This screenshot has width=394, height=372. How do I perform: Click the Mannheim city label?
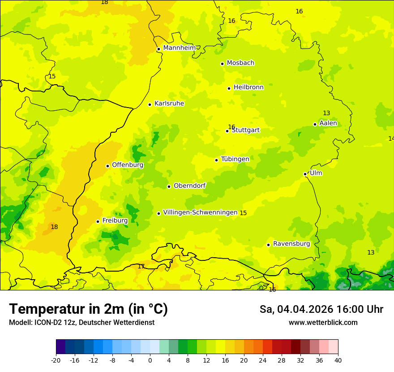pos(179,48)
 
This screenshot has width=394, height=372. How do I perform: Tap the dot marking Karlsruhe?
pos(150,104)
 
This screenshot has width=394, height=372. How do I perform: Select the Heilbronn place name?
pos(248,87)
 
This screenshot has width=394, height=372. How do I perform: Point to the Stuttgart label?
pos(245,130)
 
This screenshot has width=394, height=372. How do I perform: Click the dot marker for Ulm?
pos(305,174)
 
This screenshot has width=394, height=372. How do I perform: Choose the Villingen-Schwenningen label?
pos(200,212)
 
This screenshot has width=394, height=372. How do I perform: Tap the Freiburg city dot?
pos(98,221)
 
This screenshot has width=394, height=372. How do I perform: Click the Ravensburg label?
pos(291,244)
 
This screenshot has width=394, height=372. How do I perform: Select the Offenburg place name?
pos(128,165)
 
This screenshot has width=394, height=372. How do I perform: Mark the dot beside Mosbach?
pos(222,64)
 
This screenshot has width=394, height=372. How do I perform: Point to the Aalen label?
pos(328,123)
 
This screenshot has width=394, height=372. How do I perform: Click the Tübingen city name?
pos(235,159)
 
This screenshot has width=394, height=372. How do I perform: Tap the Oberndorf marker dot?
pos(169,186)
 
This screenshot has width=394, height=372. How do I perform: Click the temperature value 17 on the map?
pos(141,267)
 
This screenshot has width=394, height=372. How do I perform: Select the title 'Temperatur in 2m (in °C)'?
pos(88,309)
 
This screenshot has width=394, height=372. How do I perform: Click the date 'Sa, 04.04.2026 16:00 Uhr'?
pos(321,309)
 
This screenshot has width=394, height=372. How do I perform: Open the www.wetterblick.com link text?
pos(323,323)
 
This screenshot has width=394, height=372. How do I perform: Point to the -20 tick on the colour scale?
pos(56,360)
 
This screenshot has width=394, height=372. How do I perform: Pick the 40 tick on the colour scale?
pos(338,360)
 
